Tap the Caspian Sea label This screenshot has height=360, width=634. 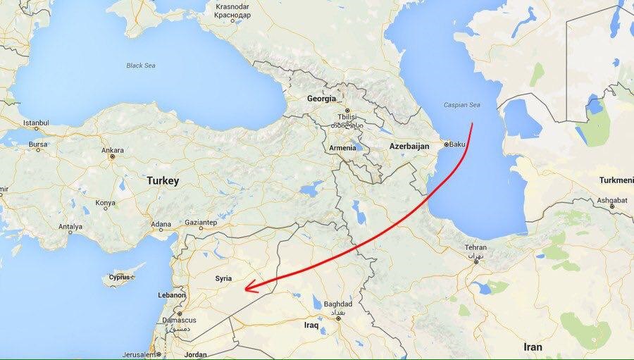pos(461,105)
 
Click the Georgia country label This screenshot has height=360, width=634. pos(321,99)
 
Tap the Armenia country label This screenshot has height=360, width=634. pos(343,148)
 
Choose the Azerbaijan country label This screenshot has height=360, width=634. pos(409,146)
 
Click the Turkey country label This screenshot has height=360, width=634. pos(163,181)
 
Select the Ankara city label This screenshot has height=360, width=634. pos(113,150)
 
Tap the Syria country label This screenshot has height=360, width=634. pos(222,279)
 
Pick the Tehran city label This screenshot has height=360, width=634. pos(476,248)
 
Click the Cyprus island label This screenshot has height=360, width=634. pos(120,278)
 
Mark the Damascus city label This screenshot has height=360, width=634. pos(179,320)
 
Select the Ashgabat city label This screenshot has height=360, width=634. pos(611,200)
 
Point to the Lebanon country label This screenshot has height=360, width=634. pos(172,295)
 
